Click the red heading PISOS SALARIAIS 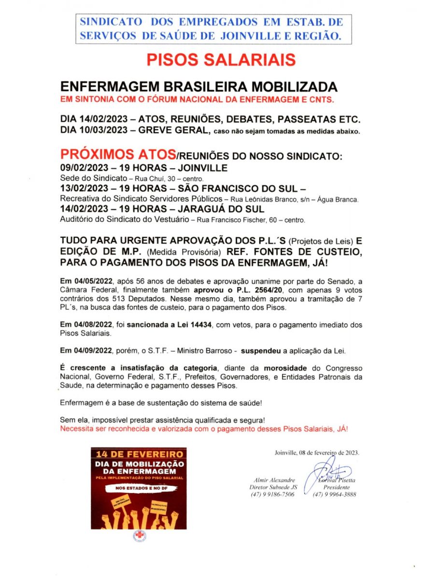coord(221,59)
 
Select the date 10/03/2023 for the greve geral coord(95,130)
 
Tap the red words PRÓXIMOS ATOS coord(118,155)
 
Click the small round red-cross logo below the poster coord(138,536)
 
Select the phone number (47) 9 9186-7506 coord(272,494)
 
